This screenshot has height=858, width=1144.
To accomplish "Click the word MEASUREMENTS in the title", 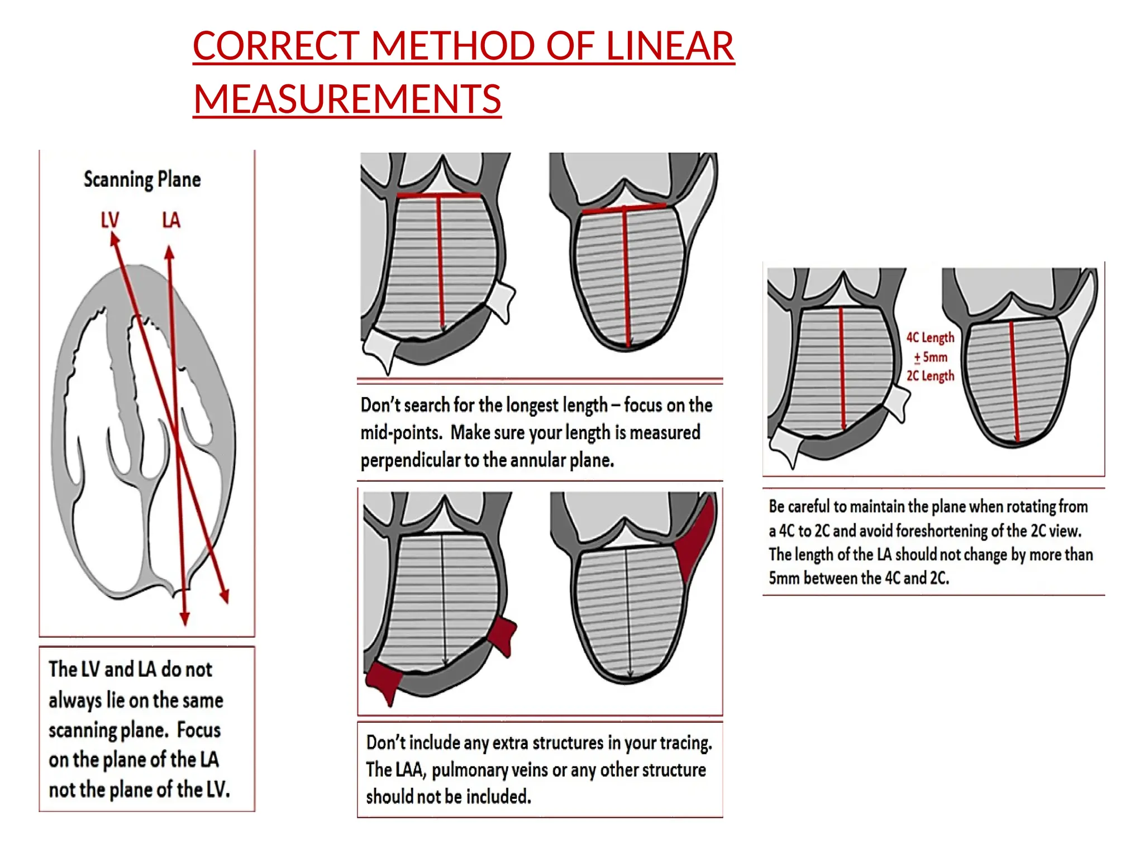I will coord(347,99).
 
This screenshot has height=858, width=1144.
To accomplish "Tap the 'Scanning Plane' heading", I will coord(142,180).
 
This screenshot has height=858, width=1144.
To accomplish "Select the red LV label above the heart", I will coord(109,220).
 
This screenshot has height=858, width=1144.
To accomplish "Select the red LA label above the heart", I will coord(171,220).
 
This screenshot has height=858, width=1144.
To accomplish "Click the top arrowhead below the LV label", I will coord(114,240).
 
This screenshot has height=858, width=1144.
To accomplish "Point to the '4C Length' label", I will coord(930,337).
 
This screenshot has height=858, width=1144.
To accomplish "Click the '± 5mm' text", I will coord(931,357).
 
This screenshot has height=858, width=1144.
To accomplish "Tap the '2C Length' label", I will coord(930,376).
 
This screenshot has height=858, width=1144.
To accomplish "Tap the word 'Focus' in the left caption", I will coord(199,730).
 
